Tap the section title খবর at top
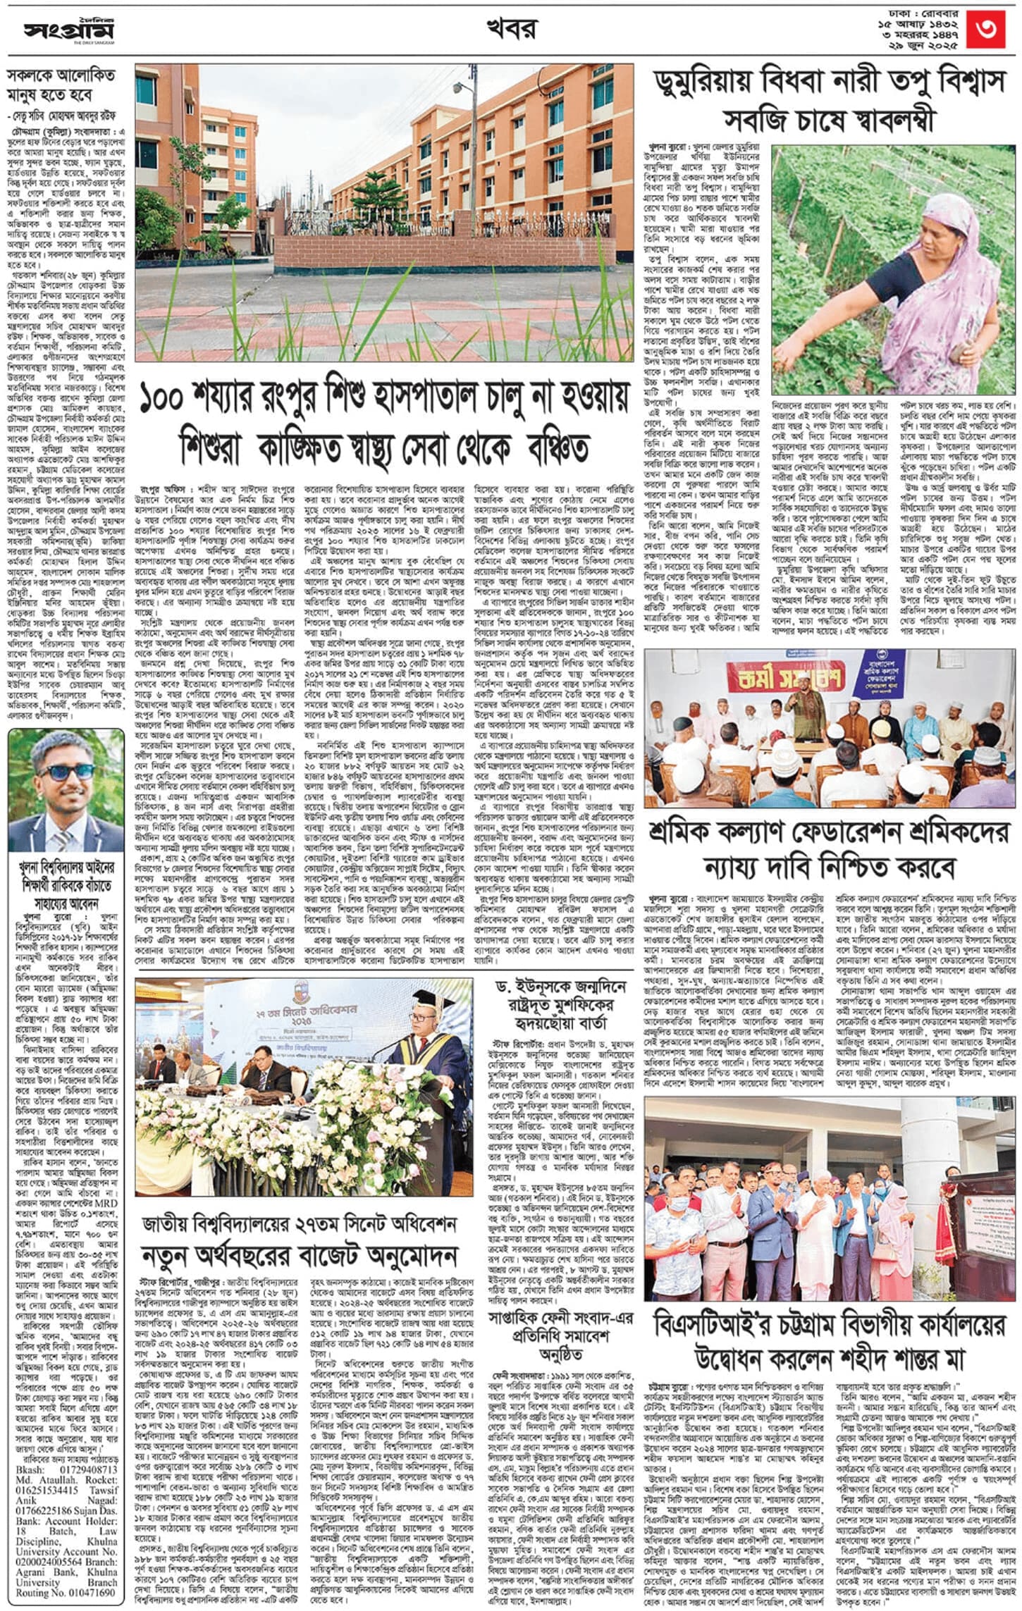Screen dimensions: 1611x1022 click(x=511, y=30)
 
